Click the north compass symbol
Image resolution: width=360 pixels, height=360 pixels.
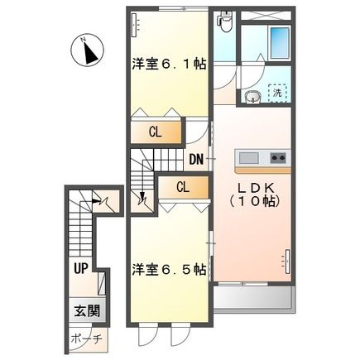pyautogui.click(x=87, y=50)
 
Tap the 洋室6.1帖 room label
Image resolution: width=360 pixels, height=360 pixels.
pyautogui.click(x=169, y=65)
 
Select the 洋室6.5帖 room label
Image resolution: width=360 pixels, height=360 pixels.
pyautogui.click(x=169, y=270)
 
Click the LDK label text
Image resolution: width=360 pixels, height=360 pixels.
pyautogui.click(x=256, y=189)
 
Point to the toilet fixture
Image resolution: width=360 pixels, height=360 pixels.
pyautogui.click(x=225, y=22)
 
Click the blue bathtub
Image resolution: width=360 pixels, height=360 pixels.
pyautogui.click(x=280, y=42)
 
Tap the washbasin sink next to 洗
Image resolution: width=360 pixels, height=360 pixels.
pyautogui.click(x=252, y=97)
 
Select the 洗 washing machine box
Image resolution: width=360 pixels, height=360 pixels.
pyautogui.click(x=277, y=93)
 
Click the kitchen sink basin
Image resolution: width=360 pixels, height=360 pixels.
pyautogui.click(x=249, y=158)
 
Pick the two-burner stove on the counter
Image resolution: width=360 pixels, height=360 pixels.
pyautogui.click(x=278, y=158)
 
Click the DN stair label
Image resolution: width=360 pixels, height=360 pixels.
pyautogui.click(x=196, y=160)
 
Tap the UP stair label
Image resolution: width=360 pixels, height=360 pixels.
pyautogui.click(x=80, y=268)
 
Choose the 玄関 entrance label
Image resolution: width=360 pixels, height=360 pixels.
pyautogui.click(x=87, y=311)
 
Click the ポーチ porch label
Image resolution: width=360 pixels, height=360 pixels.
pyautogui.click(x=87, y=338)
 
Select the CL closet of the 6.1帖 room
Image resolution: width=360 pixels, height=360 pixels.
pyautogui.click(x=156, y=132)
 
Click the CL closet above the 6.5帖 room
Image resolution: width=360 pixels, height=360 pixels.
pyautogui.click(x=183, y=188)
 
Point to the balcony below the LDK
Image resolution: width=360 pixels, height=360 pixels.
pyautogui.click(x=253, y=298)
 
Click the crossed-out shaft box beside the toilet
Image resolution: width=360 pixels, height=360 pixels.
pyautogui.click(x=266, y=16)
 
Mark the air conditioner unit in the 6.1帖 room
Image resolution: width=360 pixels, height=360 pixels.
pyautogui.click(x=135, y=25)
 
